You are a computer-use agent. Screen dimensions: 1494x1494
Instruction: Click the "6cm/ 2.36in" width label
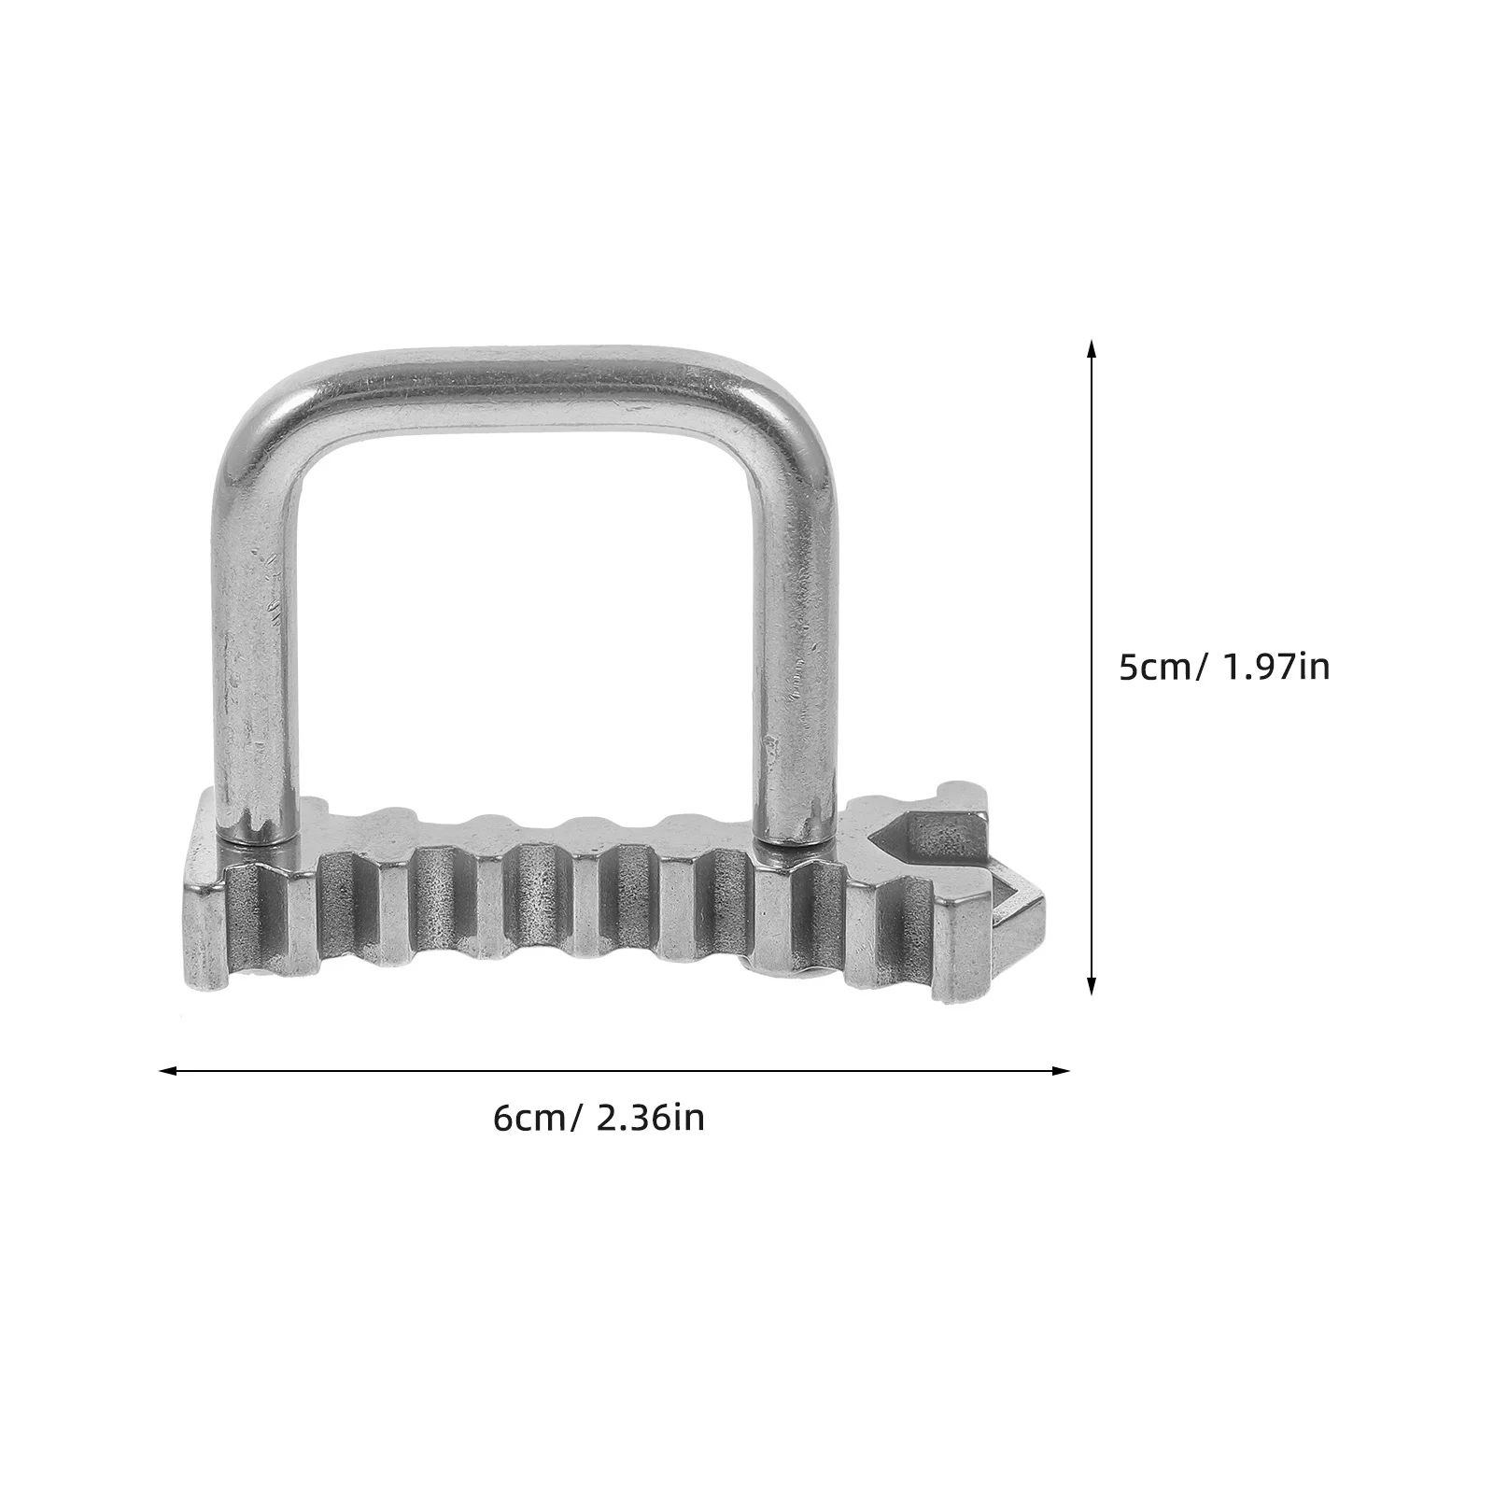599,1118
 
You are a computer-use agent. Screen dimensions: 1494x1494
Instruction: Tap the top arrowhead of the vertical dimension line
1091,349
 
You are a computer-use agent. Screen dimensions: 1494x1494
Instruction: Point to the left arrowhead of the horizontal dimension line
169,1071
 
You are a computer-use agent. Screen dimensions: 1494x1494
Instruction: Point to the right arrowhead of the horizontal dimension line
1060,1071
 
